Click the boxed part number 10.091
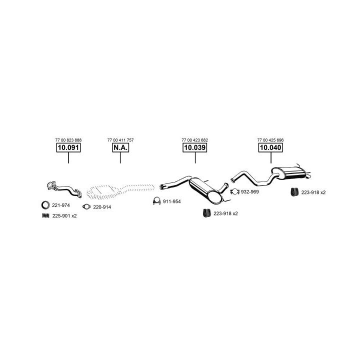68,148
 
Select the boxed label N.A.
120,148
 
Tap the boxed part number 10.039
195,148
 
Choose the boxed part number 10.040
270,148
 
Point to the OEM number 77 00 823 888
68,140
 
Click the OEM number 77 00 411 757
120,140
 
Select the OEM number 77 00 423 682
195,140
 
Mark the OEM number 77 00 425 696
270,140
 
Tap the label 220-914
102,207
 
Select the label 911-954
171,201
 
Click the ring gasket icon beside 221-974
45,205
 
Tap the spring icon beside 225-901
45,215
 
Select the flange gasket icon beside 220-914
86,207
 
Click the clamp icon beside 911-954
156,201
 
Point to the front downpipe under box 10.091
62,189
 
